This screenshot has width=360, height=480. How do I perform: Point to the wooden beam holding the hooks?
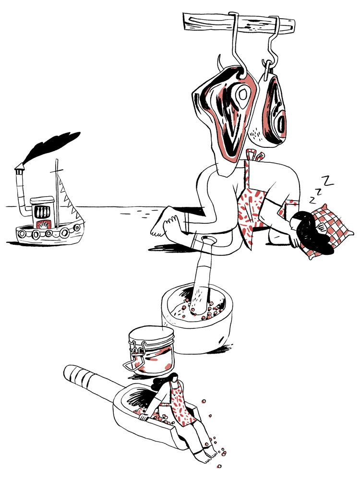(x=239, y=23)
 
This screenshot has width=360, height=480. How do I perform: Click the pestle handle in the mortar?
(x=204, y=273)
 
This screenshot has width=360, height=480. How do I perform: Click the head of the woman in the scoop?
(x=173, y=379)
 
